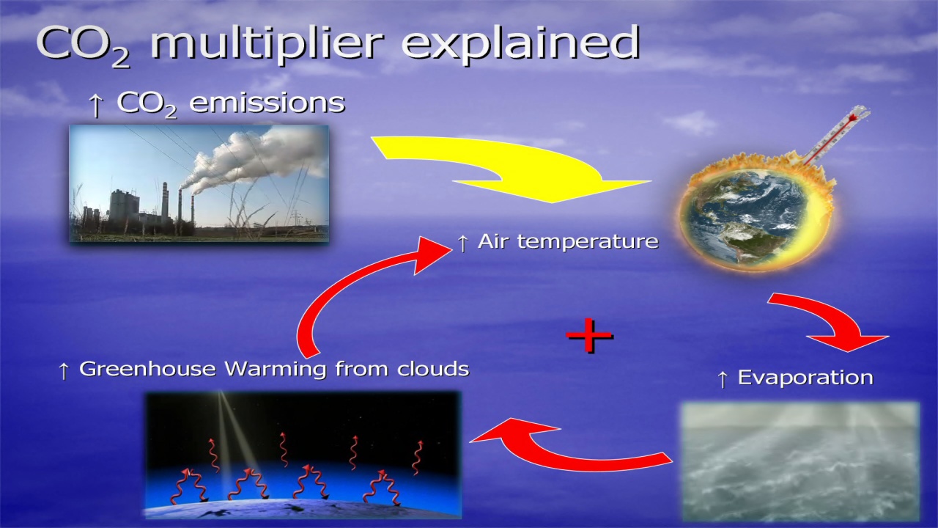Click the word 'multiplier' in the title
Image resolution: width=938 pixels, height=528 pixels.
267,43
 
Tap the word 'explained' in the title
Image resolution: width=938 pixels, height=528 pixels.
521,43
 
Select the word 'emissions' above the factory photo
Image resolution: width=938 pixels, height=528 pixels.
267,103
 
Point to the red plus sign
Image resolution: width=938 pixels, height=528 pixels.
589,335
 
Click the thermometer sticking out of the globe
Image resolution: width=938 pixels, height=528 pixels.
836,136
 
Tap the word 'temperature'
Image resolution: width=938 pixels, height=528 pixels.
588,242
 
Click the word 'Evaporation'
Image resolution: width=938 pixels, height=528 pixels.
805,378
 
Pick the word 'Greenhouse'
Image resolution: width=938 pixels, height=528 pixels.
147,369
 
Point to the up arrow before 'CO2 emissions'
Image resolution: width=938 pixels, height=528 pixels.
96,105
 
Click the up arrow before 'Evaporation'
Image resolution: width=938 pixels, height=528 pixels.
723,379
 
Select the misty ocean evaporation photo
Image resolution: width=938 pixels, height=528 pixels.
801,461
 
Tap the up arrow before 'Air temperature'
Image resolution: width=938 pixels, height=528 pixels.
462,243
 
